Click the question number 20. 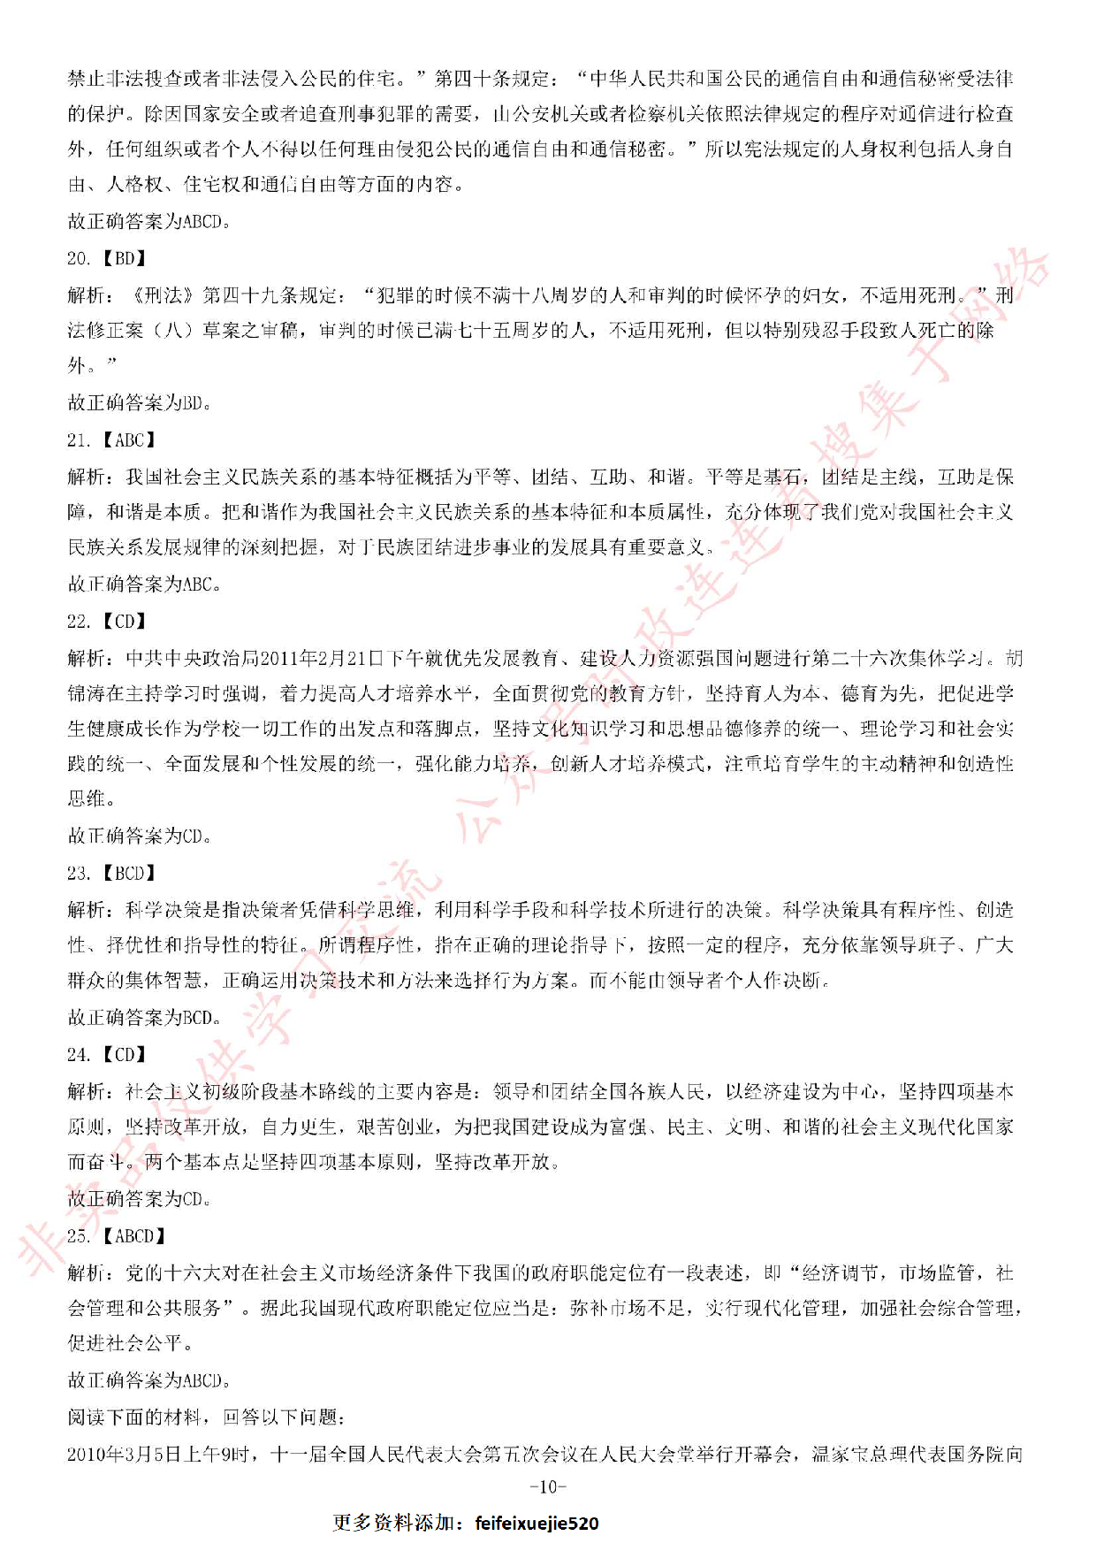[x=78, y=258]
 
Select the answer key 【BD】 [x=125, y=258]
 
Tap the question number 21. [x=78, y=439]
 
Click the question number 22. [x=78, y=621]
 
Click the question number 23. [x=78, y=873]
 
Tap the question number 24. [x=78, y=1054]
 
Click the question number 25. [x=78, y=1235]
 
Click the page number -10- [x=548, y=1486]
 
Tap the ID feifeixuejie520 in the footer [x=537, y=1523]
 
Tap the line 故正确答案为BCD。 [x=144, y=1017]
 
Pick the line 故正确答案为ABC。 [x=144, y=584]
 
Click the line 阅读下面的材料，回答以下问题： [x=206, y=1417]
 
